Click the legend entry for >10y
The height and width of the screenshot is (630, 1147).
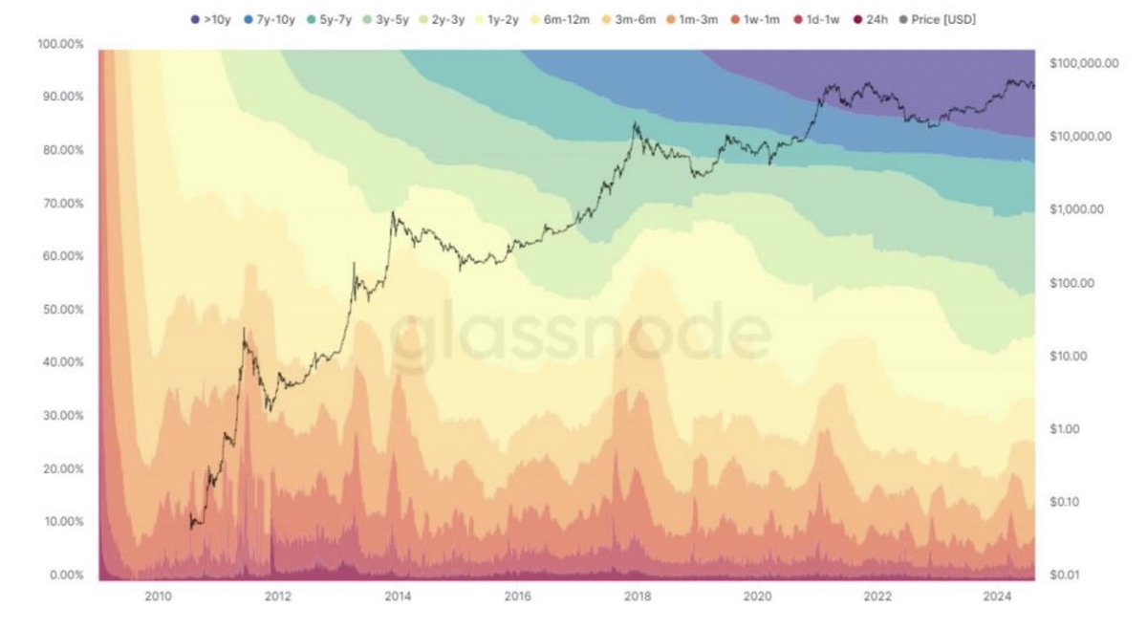point(211,18)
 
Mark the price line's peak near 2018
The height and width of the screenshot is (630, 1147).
point(635,122)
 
